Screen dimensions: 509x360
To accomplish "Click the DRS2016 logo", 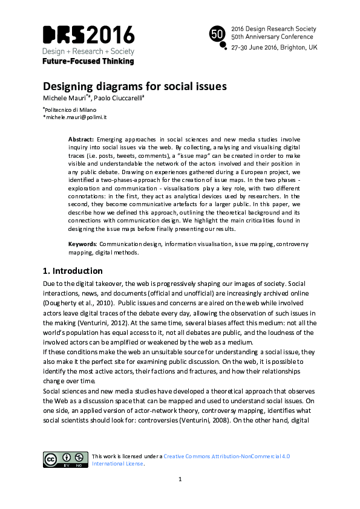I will (x=88, y=34).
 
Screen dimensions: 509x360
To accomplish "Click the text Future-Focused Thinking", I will (x=88, y=61).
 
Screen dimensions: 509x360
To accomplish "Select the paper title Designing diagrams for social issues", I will (x=134, y=86).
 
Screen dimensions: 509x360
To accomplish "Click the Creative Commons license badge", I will (x=64, y=459).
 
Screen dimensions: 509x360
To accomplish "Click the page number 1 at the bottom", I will (x=180, y=479).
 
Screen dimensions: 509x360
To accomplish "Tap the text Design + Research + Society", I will (x=88, y=51).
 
